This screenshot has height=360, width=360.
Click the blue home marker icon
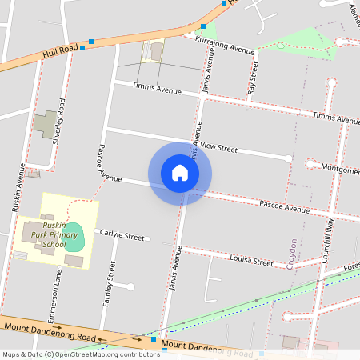click(x=180, y=173)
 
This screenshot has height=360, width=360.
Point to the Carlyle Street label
click(x=122, y=237)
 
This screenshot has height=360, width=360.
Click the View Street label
click(x=218, y=149)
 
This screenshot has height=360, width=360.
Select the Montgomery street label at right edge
click(x=339, y=168)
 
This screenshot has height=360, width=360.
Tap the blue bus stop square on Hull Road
click(x=91, y=41)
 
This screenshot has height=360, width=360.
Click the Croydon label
click(x=294, y=253)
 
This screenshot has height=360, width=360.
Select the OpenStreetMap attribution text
click(x=81, y=354)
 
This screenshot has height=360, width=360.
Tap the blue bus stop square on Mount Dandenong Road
click(x=154, y=340)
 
